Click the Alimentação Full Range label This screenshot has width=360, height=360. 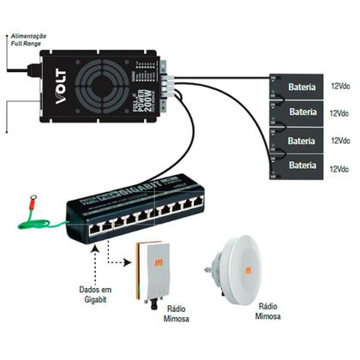27,39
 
